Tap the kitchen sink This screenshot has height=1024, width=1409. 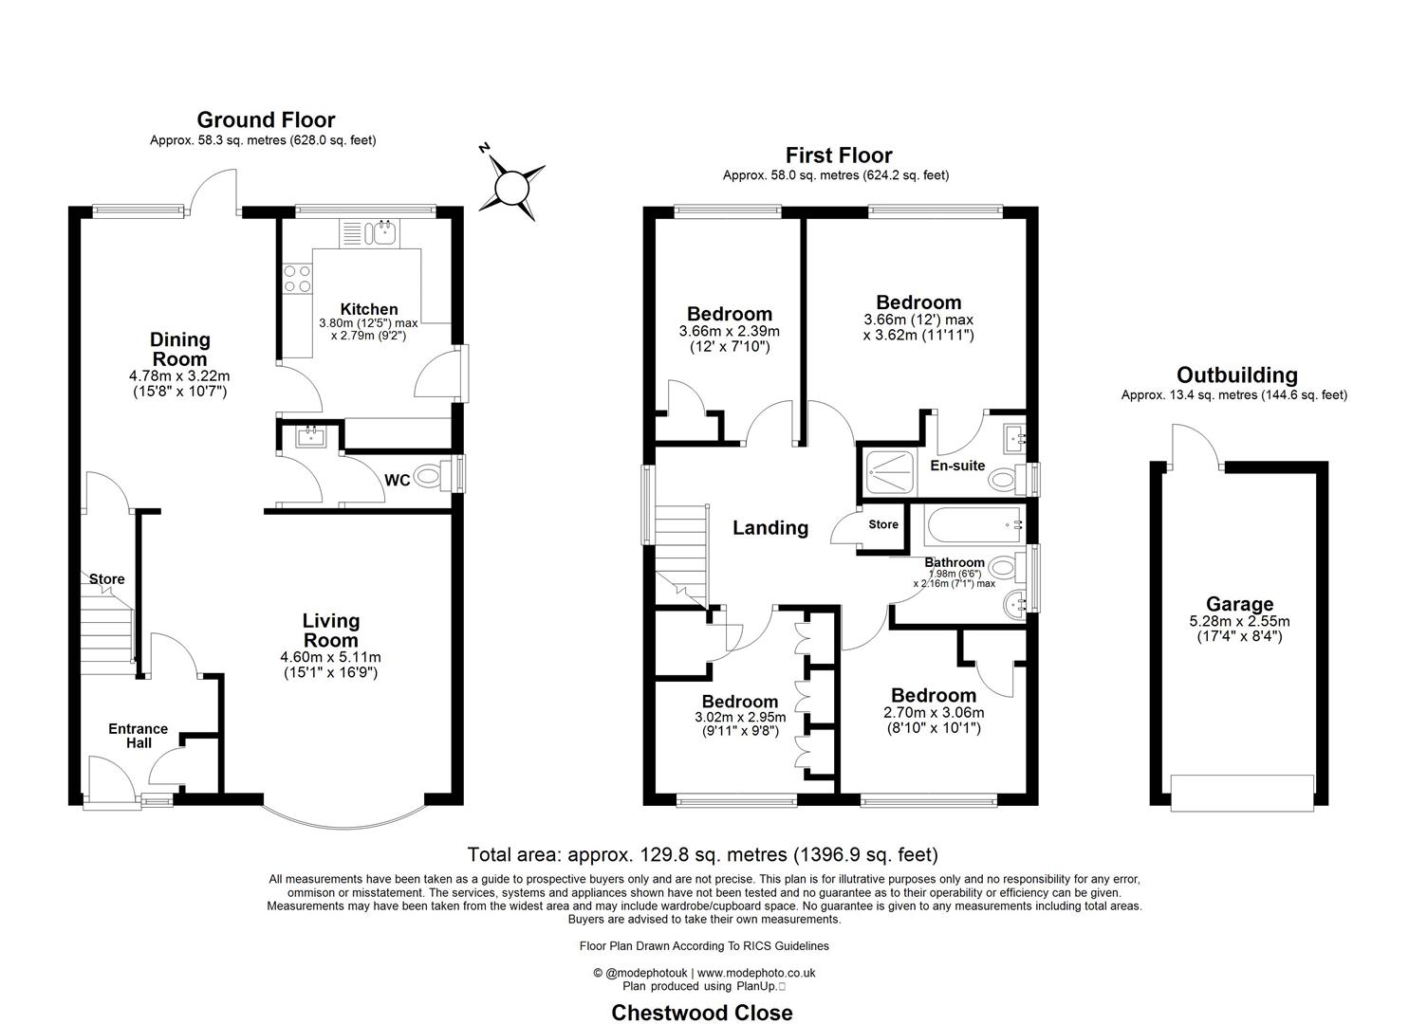[385, 232]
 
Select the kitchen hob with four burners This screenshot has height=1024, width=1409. [296, 278]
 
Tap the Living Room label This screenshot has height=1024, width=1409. [331, 631]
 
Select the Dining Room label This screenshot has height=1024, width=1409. [179, 349]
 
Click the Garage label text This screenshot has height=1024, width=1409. [1239, 604]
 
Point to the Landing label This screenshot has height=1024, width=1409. [769, 528]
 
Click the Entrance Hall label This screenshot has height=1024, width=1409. [138, 736]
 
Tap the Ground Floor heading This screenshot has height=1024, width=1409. [266, 120]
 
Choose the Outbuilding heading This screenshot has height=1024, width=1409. [1236, 375]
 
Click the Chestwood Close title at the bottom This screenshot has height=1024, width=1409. [701, 1012]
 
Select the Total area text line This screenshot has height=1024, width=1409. [703, 855]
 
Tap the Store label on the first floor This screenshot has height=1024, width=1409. [882, 524]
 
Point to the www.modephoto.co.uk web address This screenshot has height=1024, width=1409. [756, 973]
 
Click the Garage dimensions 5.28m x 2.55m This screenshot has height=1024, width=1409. [1239, 622]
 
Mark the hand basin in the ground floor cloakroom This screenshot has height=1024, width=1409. [309, 437]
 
